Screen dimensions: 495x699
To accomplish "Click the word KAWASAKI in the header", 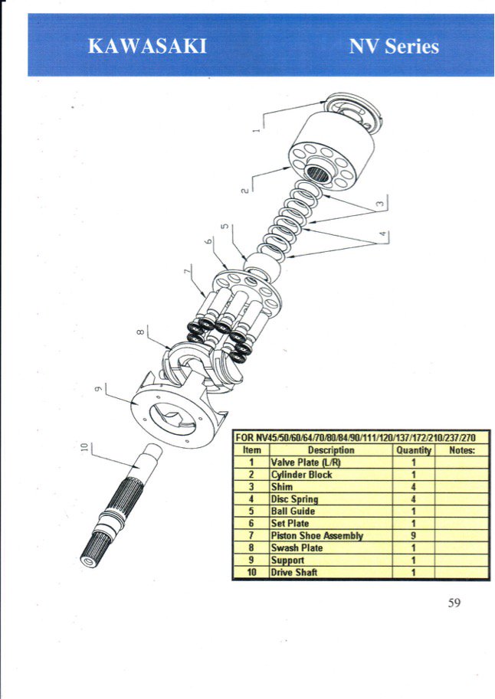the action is (x=147, y=47).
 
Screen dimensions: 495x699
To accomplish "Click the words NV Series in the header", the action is (x=394, y=47).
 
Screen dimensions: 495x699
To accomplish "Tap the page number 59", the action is (x=454, y=603).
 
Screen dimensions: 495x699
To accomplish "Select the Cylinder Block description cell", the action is (x=331, y=475).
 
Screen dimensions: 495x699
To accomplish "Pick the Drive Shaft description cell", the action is (x=331, y=573).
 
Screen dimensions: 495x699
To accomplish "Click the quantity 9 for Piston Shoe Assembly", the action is (x=413, y=536).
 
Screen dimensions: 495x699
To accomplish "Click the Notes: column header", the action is (x=462, y=450).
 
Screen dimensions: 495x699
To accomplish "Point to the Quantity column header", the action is (x=413, y=450).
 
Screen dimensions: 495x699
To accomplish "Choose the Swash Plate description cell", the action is (x=331, y=548).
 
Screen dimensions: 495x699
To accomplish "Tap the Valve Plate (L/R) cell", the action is (x=331, y=462).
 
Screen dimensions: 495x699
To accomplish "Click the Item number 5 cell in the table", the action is (x=251, y=511).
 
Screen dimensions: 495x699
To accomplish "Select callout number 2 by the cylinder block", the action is (x=244, y=190).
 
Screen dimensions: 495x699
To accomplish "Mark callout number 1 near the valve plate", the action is (x=256, y=131).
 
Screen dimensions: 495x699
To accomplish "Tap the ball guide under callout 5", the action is (x=262, y=267).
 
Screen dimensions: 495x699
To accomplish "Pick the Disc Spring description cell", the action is (x=331, y=499).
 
